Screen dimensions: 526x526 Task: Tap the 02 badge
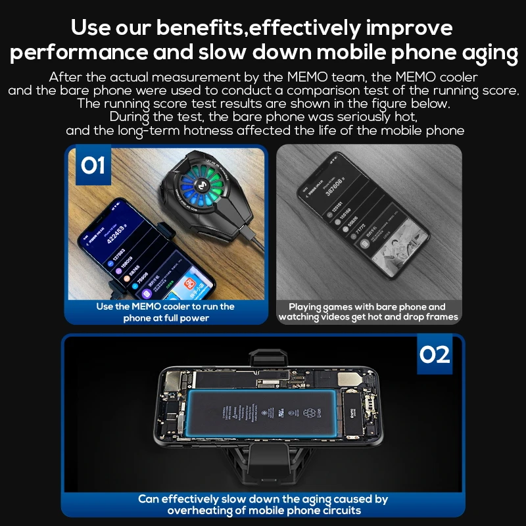click(x=435, y=354)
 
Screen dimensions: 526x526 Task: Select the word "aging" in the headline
click(x=484, y=52)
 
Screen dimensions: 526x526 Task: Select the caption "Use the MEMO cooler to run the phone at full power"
click(x=166, y=312)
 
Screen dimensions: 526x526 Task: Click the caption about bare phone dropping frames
click(x=368, y=312)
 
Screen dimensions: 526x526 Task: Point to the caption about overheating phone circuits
click(x=263, y=504)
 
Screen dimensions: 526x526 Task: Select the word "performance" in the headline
click(x=78, y=52)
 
